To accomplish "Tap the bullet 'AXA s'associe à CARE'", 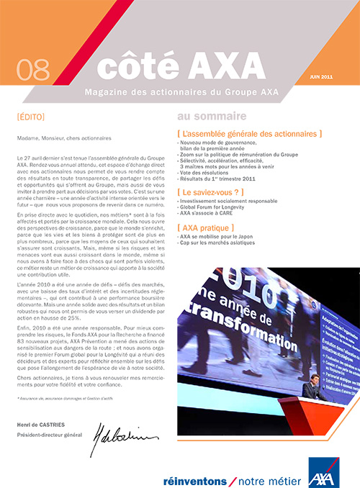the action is click(x=207, y=214).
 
